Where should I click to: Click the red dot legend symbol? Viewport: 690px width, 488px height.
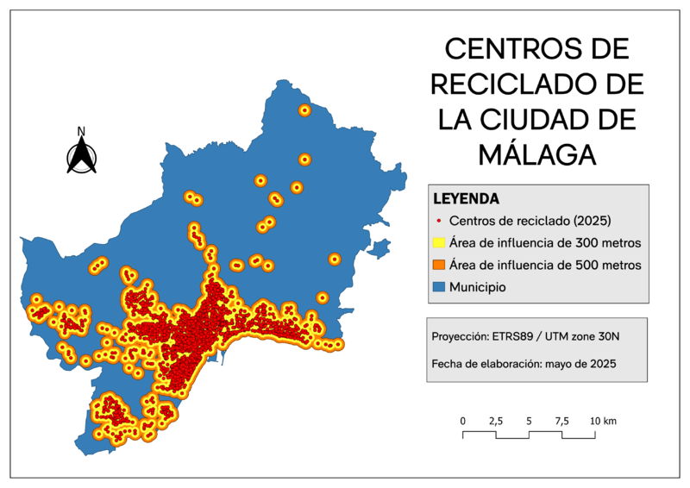[x=439, y=221]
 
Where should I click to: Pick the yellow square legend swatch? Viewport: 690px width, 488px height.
[x=439, y=243]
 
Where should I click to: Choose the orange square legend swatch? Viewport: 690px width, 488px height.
[x=439, y=265]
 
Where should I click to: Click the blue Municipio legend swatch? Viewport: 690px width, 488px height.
[x=439, y=286]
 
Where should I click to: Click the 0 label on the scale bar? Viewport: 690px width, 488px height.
[x=463, y=421]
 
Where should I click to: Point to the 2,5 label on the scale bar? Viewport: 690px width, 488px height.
[x=496, y=421]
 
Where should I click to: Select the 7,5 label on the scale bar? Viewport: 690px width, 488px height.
[x=561, y=421]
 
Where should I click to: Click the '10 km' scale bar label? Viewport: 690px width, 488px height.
[x=603, y=421]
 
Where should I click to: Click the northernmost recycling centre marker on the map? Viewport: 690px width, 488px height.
[x=304, y=110]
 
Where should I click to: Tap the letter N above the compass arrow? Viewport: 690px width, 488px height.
[x=81, y=132]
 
